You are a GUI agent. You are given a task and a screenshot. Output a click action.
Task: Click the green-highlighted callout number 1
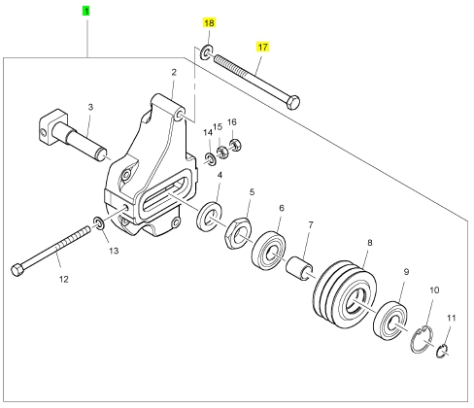coord(85,12)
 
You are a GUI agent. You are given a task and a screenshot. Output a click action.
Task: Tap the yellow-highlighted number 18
coord(209,23)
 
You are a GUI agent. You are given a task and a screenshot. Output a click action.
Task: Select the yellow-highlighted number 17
coord(262,47)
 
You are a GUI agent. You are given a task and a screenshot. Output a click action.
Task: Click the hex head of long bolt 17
coord(293,102)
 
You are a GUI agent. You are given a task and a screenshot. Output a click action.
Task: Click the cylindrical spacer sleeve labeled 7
coord(299,268)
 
